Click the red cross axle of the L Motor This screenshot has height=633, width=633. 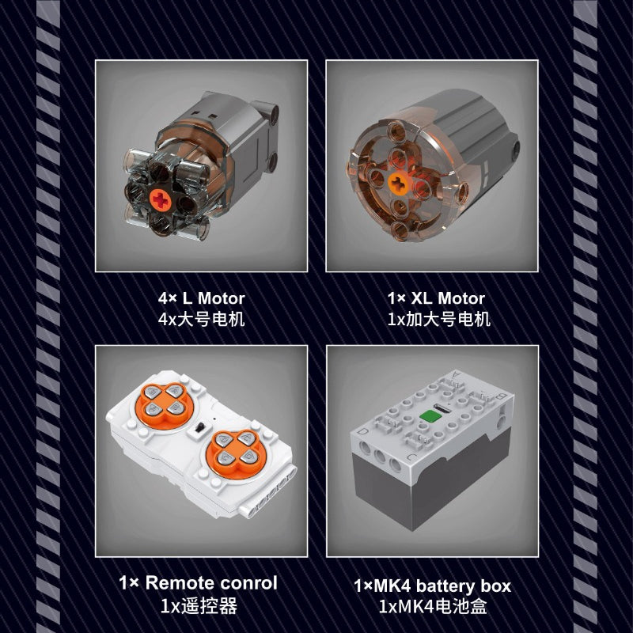[x=161, y=199]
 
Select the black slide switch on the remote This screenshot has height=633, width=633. [x=199, y=428]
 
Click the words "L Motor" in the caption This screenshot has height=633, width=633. [x=214, y=298]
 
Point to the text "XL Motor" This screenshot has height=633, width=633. [x=448, y=298]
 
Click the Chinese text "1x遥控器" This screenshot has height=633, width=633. [x=199, y=606]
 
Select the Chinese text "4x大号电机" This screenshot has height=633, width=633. [x=202, y=320]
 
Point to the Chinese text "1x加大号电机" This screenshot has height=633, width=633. [x=439, y=320]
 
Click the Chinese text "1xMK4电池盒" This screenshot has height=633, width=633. [x=433, y=607]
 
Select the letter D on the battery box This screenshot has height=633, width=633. [x=363, y=432]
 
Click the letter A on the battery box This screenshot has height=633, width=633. [x=457, y=373]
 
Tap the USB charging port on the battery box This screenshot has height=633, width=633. [x=440, y=408]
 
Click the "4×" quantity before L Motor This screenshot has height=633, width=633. [x=168, y=298]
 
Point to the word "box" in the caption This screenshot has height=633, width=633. [x=496, y=586]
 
